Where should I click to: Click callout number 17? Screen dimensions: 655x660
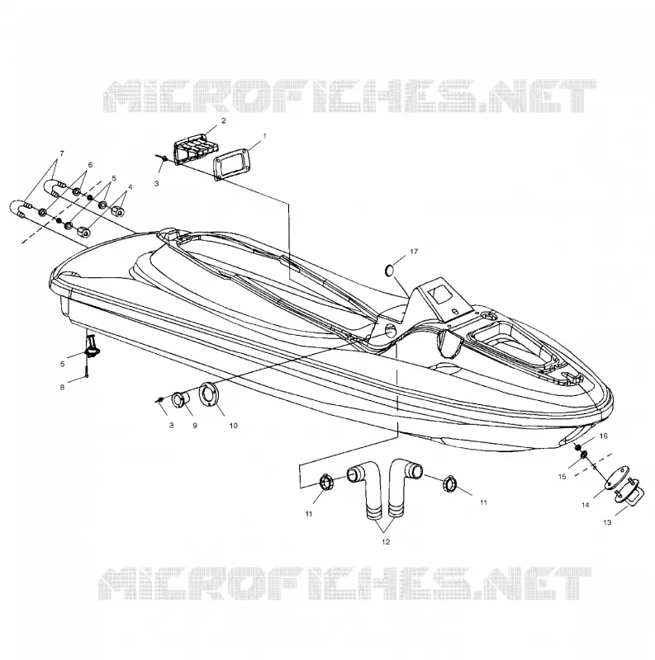(414, 252)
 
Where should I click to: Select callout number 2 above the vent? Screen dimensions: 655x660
(223, 120)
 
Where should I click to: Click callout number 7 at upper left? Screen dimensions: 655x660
(62, 153)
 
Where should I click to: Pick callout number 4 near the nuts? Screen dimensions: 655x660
(131, 186)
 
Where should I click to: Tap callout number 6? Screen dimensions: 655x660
(90, 165)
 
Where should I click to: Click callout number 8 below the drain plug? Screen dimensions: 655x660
(62, 387)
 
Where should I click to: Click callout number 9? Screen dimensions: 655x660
(195, 426)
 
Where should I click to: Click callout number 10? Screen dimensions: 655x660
(233, 426)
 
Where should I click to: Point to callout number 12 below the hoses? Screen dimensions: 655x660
(386, 542)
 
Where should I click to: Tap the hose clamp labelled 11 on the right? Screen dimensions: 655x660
(450, 484)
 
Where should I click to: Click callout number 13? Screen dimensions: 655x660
(607, 522)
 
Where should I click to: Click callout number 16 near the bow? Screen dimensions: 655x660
(604, 436)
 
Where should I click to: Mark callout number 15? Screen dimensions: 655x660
(562, 477)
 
